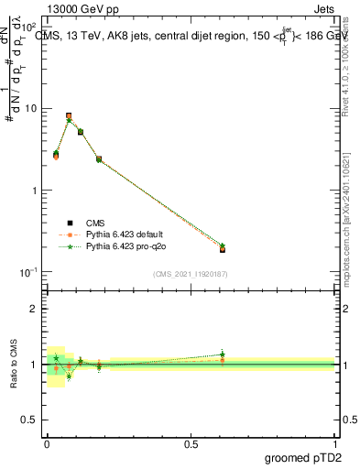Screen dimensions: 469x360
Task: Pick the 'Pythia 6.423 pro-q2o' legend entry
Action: pyautogui.click(x=118, y=246)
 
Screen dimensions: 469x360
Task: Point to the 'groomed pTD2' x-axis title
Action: pyautogui.click(x=303, y=457)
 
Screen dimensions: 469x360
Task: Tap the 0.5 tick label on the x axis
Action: pyautogui.click(x=191, y=444)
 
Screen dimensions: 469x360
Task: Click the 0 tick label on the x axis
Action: pyautogui.click(x=47, y=444)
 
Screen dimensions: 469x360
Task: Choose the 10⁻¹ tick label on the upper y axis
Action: pyautogui.click(x=27, y=272)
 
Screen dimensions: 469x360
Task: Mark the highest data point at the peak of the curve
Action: pyautogui.click(x=69, y=116)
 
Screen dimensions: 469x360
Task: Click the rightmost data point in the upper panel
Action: pyautogui.click(x=223, y=248)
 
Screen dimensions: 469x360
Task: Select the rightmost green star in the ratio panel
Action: pyautogui.click(x=223, y=354)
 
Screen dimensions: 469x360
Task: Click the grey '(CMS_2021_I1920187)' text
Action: pyautogui.click(x=191, y=274)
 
